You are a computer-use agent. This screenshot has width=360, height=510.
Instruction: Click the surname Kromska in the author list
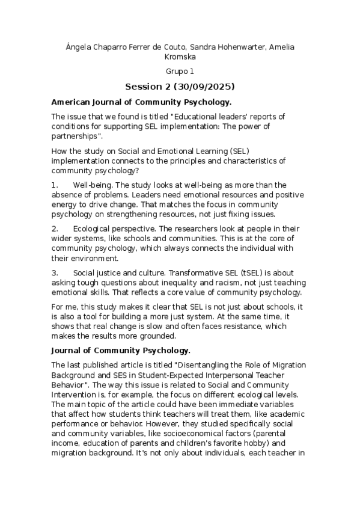point(180,57)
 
